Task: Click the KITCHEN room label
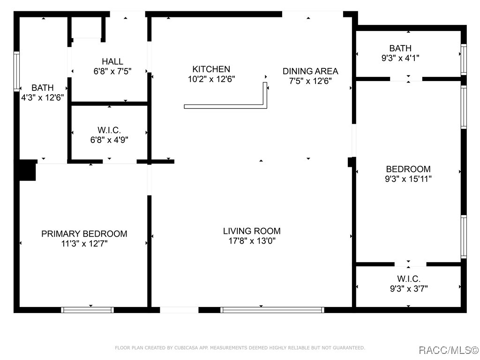click(x=211, y=69)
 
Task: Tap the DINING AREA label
click(x=310, y=71)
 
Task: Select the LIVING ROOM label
click(x=252, y=231)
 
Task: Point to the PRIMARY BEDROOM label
click(x=84, y=234)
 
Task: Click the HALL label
click(x=112, y=61)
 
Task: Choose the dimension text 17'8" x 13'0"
click(x=252, y=241)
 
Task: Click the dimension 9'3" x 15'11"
click(x=408, y=179)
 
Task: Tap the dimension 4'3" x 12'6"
click(x=42, y=97)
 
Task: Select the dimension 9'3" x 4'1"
click(x=400, y=58)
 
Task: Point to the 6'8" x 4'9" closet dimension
click(x=109, y=140)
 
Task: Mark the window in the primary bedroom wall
click(x=88, y=310)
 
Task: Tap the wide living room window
click(x=272, y=310)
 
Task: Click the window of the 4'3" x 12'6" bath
click(x=16, y=71)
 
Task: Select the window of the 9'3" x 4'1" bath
click(x=464, y=60)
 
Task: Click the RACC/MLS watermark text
click(x=449, y=350)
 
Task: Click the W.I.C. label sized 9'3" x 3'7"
click(x=409, y=279)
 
